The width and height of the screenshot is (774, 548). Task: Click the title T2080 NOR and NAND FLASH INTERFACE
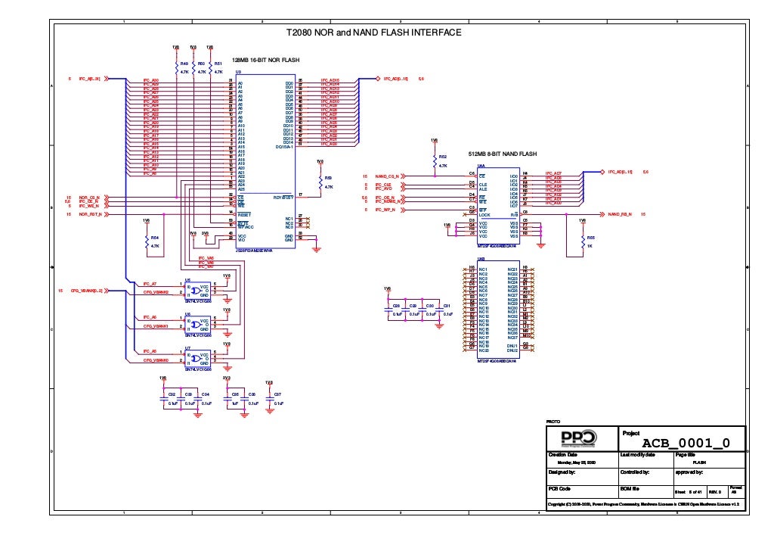tap(373, 33)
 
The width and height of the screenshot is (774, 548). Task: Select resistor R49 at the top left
tap(177, 68)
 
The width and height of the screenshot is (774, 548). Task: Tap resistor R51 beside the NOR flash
tap(210, 68)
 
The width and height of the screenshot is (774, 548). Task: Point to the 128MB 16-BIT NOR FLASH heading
tap(265, 58)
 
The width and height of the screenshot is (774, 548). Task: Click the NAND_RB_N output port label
tap(620, 214)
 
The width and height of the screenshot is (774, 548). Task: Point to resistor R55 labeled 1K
tap(582, 241)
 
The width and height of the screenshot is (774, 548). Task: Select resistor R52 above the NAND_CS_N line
tap(434, 160)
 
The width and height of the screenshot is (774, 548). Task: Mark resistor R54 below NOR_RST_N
tap(147, 241)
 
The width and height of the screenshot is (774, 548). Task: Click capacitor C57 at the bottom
tap(269, 399)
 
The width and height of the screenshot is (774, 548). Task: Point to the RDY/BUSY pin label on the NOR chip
tap(283, 196)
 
